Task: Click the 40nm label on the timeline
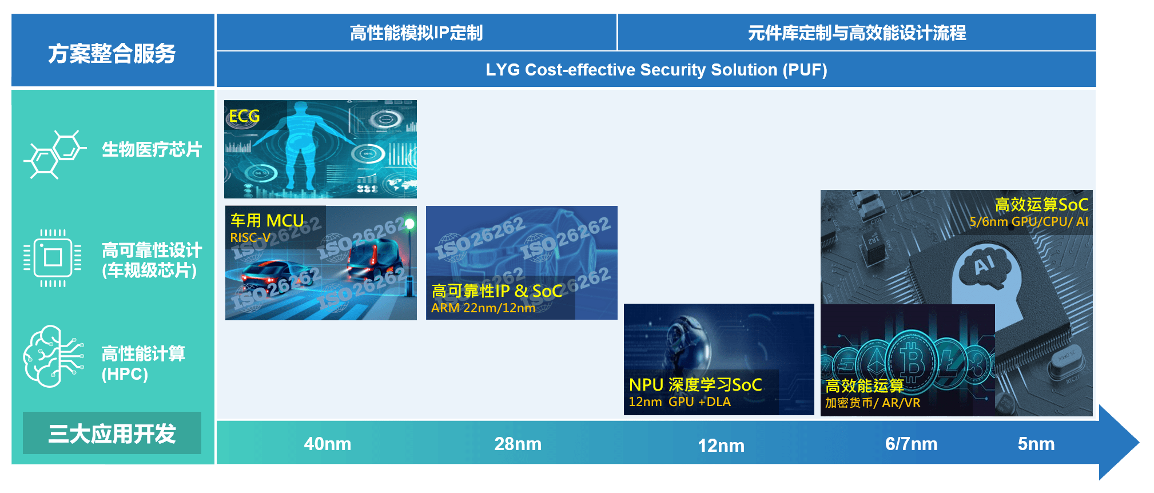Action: (x=327, y=444)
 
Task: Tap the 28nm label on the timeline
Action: (x=518, y=444)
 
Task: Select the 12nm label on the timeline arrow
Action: (x=721, y=446)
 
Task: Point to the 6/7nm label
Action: (x=911, y=444)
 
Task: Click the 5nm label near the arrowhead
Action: (x=1036, y=444)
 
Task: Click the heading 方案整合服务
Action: (x=112, y=54)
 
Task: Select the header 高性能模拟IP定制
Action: (x=416, y=33)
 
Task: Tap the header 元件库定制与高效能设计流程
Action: (x=857, y=33)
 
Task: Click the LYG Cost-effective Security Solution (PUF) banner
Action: (x=656, y=70)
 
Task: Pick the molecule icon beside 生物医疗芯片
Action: (x=55, y=154)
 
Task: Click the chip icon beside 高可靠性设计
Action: (x=53, y=257)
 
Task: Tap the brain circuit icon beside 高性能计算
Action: (x=53, y=356)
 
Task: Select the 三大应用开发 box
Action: (x=112, y=433)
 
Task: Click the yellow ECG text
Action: (x=244, y=117)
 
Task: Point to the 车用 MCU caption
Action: (x=267, y=220)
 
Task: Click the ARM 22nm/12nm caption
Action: (x=483, y=308)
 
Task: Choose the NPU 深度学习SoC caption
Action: (x=695, y=384)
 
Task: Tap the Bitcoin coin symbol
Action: (x=912, y=361)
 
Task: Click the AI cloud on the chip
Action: (x=985, y=266)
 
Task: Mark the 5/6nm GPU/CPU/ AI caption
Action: (x=1029, y=221)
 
